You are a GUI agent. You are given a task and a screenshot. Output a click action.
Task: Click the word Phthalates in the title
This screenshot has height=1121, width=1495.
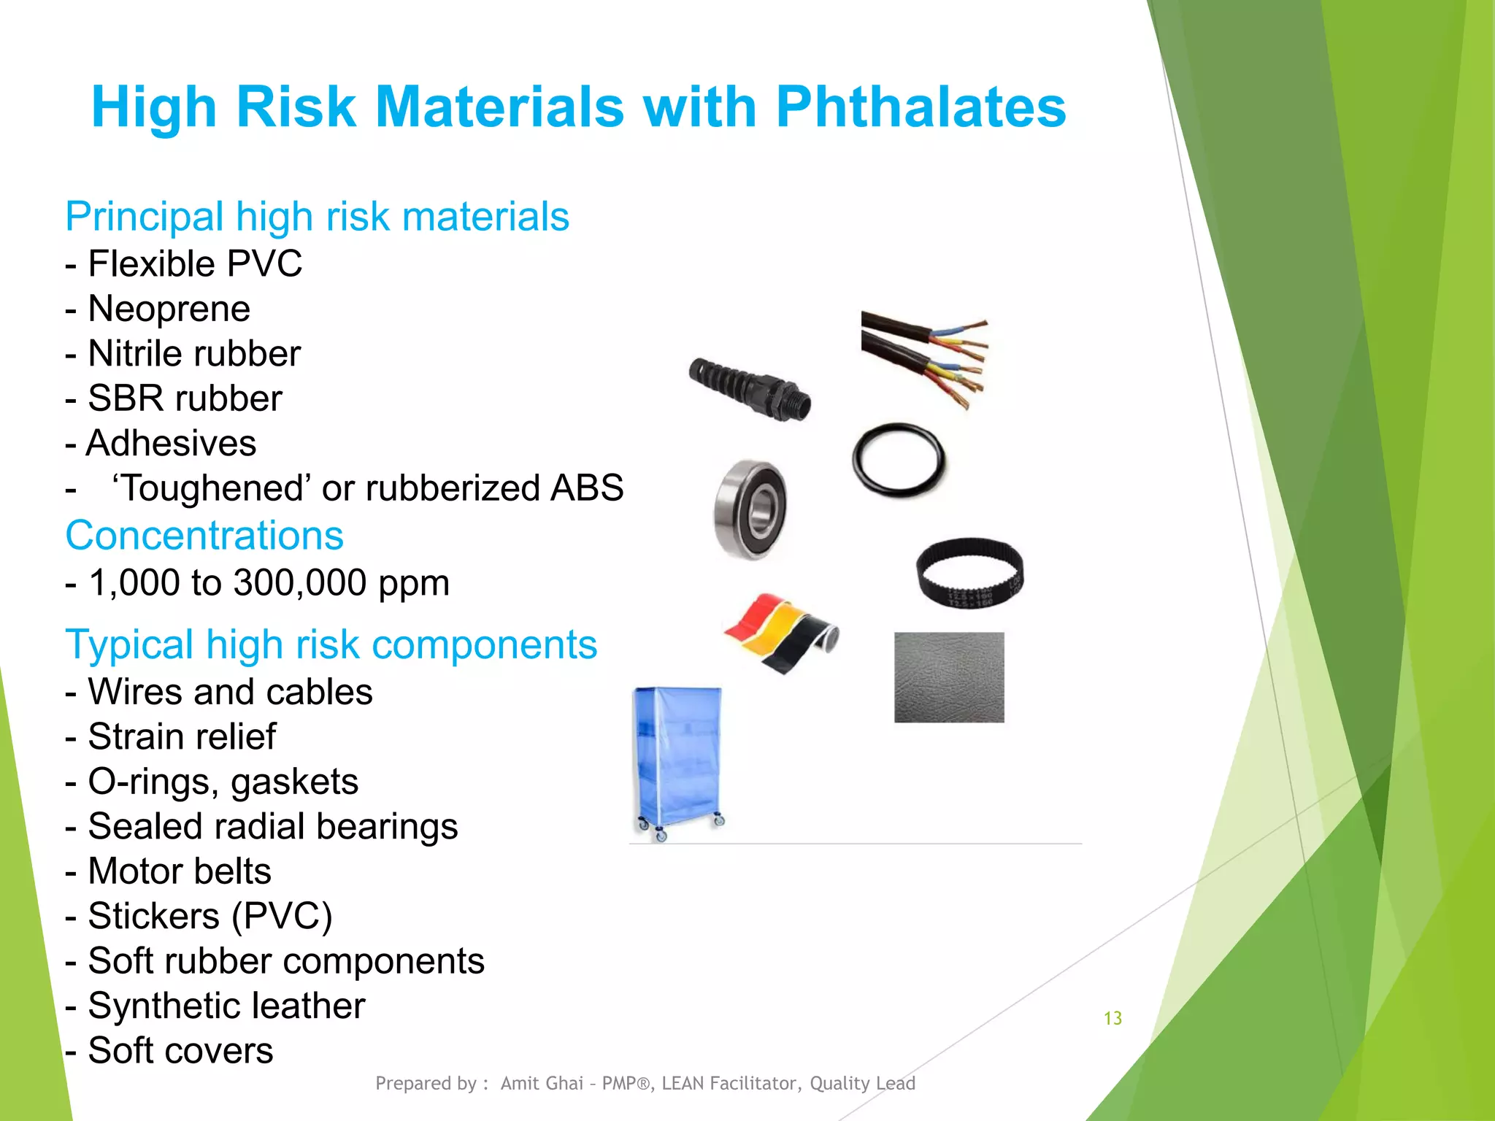click(921, 107)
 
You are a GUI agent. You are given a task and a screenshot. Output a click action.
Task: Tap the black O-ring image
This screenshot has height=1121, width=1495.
click(899, 461)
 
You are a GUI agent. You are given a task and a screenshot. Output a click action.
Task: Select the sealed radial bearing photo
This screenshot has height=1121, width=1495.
click(750, 509)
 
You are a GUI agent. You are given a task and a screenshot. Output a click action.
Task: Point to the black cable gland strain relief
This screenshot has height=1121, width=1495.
click(750, 389)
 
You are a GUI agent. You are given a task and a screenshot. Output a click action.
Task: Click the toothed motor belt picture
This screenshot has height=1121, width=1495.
click(970, 572)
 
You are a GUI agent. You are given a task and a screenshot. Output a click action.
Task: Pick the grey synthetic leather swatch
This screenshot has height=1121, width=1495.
click(949, 677)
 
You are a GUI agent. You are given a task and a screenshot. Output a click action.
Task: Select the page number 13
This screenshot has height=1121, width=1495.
click(1112, 1018)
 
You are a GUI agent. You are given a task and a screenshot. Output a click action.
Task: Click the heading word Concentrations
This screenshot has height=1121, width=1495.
click(204, 536)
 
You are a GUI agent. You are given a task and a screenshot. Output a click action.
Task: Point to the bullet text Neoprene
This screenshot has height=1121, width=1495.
click(169, 309)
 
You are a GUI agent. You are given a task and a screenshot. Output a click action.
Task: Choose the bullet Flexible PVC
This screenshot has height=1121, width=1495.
click(194, 263)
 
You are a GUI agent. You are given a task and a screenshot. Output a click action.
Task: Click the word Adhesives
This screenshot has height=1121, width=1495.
click(172, 443)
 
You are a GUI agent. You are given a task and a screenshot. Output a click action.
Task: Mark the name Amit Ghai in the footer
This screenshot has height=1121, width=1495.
click(542, 1083)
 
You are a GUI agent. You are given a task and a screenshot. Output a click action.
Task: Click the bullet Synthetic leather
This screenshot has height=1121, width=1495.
click(226, 1006)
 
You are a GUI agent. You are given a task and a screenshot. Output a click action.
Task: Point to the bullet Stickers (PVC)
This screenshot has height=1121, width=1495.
click(210, 916)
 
